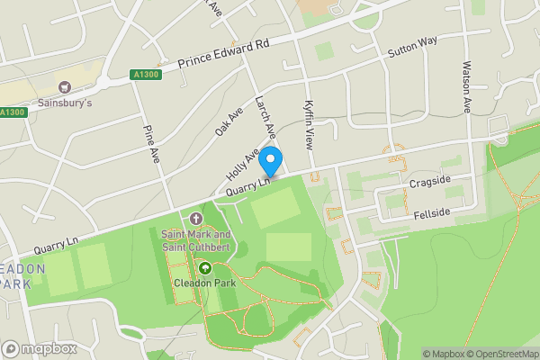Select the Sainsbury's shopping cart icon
(64, 87)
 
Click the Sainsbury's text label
(66, 103)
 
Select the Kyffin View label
(309, 125)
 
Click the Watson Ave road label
(466, 86)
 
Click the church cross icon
(197, 219)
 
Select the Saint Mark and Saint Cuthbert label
(196, 240)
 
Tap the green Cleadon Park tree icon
(204, 267)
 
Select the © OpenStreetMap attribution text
(496, 353)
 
